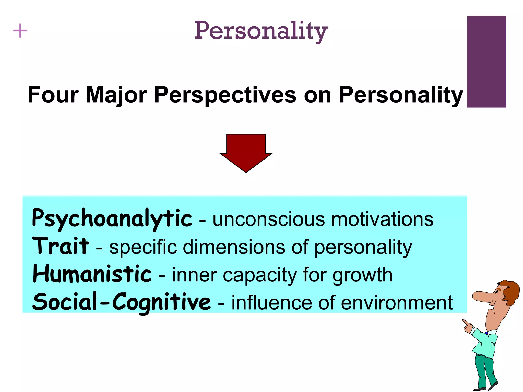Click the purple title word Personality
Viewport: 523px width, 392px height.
(x=261, y=31)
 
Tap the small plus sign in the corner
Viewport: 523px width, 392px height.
(x=20, y=31)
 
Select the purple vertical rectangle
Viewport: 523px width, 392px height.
(x=486, y=62)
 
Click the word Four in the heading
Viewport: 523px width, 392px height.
(x=53, y=95)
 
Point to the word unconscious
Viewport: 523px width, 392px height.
(x=269, y=219)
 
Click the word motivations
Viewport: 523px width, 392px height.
(x=382, y=219)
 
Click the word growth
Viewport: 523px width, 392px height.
(x=362, y=276)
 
